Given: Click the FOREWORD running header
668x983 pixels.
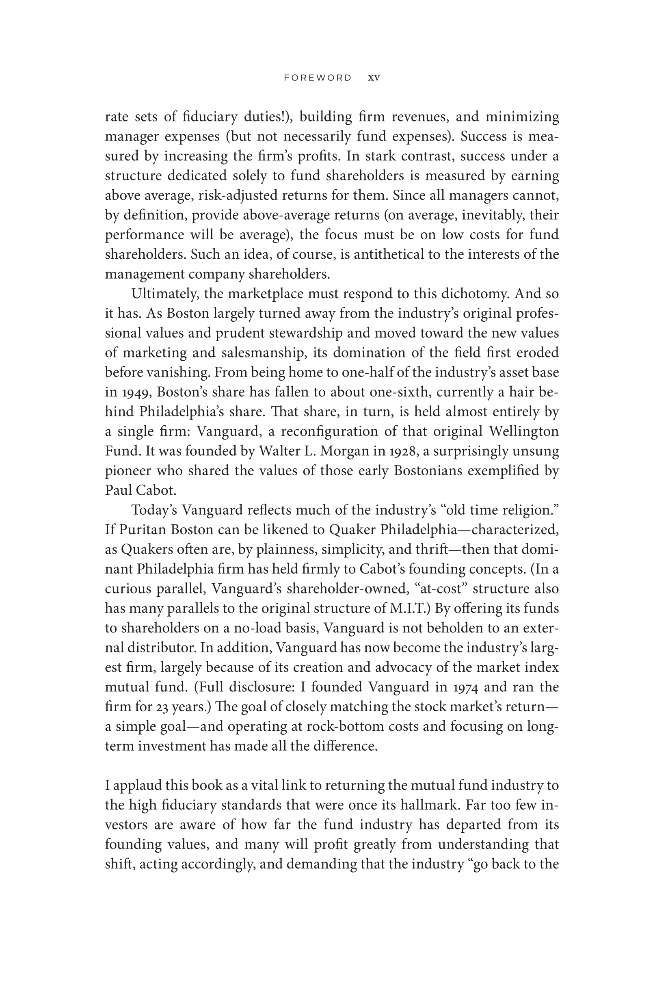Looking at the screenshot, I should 318,78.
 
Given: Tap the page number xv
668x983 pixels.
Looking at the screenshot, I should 374,78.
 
